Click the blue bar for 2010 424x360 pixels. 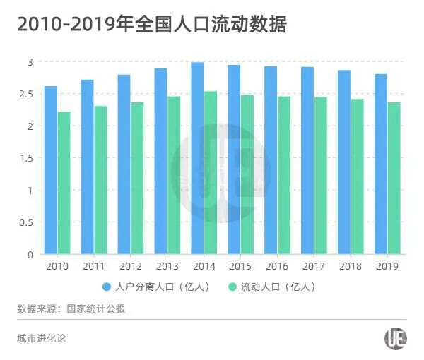click(x=50, y=170)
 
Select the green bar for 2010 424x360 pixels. click(x=64, y=183)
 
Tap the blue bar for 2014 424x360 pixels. click(x=197, y=158)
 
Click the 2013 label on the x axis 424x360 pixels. click(x=167, y=266)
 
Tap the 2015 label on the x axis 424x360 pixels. click(x=240, y=266)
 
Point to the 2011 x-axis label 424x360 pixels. click(x=93, y=266)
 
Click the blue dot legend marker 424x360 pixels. click(x=107, y=287)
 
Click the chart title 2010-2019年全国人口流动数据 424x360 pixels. click(x=151, y=24)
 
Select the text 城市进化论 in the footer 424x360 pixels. click(x=41, y=338)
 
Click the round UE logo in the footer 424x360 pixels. click(x=395, y=338)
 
